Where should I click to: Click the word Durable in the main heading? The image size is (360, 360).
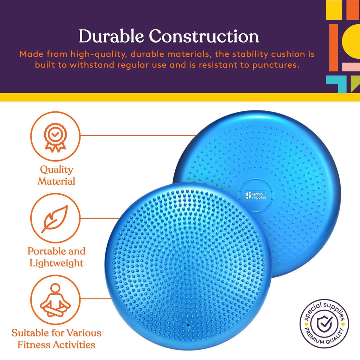[111, 37]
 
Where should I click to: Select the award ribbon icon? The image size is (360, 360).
[55, 137]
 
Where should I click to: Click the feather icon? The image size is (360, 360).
[55, 219]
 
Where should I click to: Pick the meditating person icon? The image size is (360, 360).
[55, 300]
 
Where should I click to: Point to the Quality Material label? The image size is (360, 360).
[56, 175]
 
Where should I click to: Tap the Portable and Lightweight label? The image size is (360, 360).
[56, 257]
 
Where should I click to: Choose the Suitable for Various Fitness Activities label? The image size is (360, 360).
[56, 339]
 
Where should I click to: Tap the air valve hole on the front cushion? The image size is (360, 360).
[187, 325]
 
